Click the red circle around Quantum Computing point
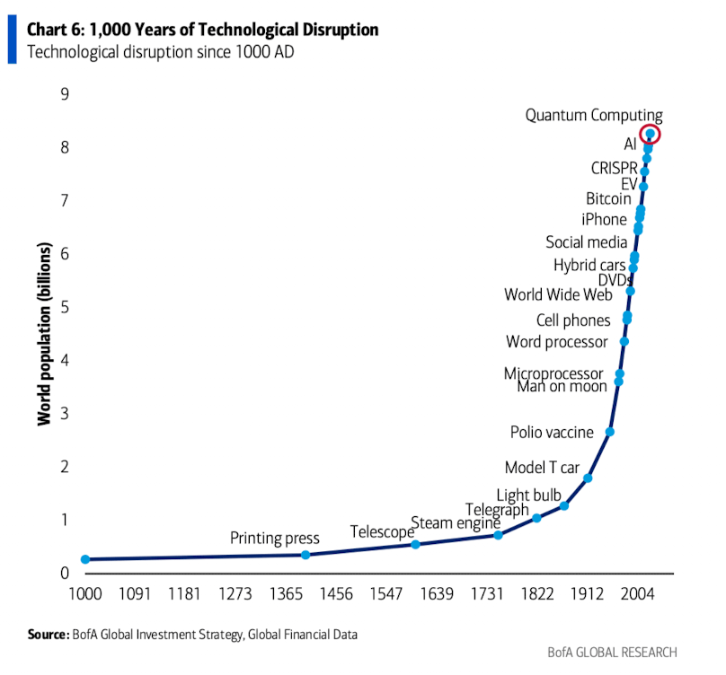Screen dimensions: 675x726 pos(650,134)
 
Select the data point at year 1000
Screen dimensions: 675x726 pos(85,559)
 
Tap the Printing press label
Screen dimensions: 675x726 pos(274,539)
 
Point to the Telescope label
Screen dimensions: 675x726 pos(382,531)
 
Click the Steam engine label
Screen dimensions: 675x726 pos(455,522)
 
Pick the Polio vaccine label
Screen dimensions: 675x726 pos(552,432)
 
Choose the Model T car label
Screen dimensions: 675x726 pos(542,468)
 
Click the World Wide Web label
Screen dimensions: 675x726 pos(558,294)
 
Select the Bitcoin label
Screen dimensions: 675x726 pos(608,199)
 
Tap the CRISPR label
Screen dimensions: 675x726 pos(614,168)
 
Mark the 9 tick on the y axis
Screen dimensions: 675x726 pos(65,93)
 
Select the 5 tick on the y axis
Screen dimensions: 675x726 pos(65,307)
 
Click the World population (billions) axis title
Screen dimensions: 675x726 pos(43,333)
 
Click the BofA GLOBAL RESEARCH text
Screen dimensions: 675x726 pos(612,653)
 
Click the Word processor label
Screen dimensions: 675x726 pos(556,342)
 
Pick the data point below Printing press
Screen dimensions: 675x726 pos(305,555)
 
